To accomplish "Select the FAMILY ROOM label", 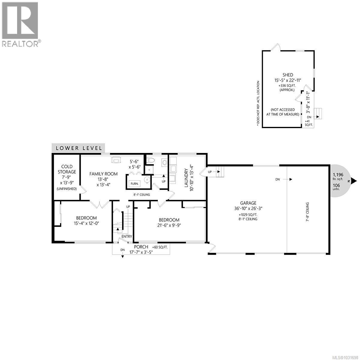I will click(x=103, y=174).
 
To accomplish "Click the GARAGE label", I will click(x=248, y=203).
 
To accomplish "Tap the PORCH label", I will click(x=141, y=247).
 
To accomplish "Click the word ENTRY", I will click(x=127, y=236).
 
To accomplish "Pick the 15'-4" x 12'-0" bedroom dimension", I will click(x=86, y=223).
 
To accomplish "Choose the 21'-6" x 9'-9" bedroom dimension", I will click(x=169, y=225).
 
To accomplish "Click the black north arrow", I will click(x=354, y=181).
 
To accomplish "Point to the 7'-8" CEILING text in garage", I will click(x=307, y=211).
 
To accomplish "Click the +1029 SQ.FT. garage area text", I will click(x=248, y=215).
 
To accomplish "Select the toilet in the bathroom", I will click(x=150, y=160).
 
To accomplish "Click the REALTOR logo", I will click(x=20, y=24).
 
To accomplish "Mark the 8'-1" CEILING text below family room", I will click(x=142, y=195).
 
